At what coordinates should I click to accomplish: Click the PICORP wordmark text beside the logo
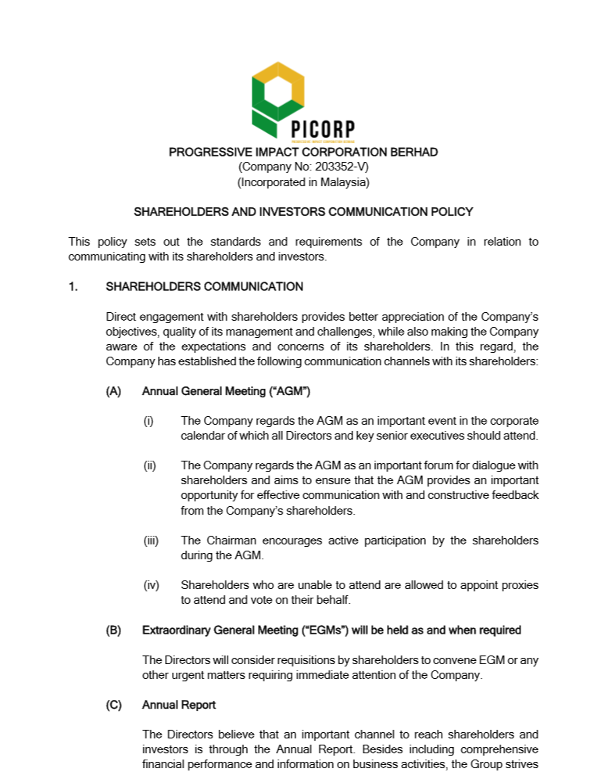[x=322, y=129]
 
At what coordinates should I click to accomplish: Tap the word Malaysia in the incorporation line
[x=339, y=182]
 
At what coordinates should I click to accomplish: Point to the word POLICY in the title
[x=451, y=212]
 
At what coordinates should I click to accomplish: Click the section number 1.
[x=73, y=287]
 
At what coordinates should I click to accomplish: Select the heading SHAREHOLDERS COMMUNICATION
[x=204, y=287]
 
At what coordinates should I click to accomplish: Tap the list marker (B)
[x=113, y=630]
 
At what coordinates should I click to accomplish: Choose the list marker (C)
[x=113, y=706]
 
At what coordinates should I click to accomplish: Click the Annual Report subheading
[x=179, y=706]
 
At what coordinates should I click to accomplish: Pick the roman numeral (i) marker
[x=148, y=422]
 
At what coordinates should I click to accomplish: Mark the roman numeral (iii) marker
[x=150, y=541]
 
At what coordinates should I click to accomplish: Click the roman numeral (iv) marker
[x=150, y=586]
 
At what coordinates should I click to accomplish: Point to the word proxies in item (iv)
[x=517, y=586]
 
